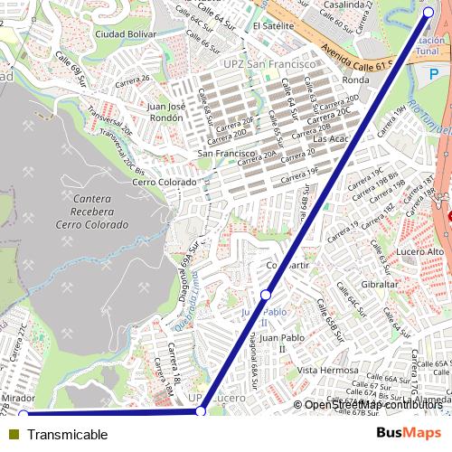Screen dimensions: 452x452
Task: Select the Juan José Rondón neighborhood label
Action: [x=165, y=111]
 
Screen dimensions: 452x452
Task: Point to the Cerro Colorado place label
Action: [x=164, y=182]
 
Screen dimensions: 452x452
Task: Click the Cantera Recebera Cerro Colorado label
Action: [x=91, y=211]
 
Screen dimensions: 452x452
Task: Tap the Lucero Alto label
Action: [x=422, y=250]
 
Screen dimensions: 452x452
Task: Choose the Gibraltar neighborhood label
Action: [x=380, y=284]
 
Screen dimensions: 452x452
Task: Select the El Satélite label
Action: [x=273, y=26]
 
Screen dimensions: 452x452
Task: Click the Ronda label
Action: [x=356, y=80]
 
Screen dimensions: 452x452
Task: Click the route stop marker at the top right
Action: [x=428, y=12]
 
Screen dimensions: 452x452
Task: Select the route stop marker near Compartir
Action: [x=266, y=296]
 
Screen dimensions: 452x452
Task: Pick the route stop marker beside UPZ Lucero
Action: [x=201, y=411]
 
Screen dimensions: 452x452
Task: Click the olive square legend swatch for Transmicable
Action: [x=13, y=435]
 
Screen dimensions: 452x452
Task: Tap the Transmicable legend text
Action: [x=67, y=435]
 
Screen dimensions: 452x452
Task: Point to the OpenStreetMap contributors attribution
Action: [x=373, y=404]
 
